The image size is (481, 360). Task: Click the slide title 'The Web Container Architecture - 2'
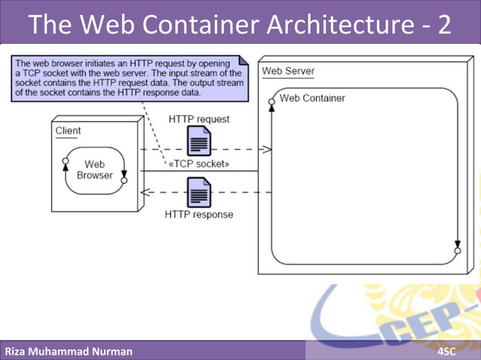coord(240,24)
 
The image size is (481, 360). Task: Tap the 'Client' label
coord(68,131)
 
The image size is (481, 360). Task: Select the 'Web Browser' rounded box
coord(94,170)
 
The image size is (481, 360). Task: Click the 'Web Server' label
coord(288,72)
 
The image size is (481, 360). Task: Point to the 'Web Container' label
coord(312,98)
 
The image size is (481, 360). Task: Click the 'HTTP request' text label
coord(199,119)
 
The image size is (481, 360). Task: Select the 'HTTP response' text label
coord(199,215)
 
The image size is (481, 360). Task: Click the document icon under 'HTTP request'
coord(199,141)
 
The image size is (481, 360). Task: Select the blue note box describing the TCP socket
coord(128,78)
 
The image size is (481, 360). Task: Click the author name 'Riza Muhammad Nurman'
coord(69,351)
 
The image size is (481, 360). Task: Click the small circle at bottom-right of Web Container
coord(458,251)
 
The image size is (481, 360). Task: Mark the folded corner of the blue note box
coord(243,61)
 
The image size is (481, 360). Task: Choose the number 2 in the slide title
coord(443,24)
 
